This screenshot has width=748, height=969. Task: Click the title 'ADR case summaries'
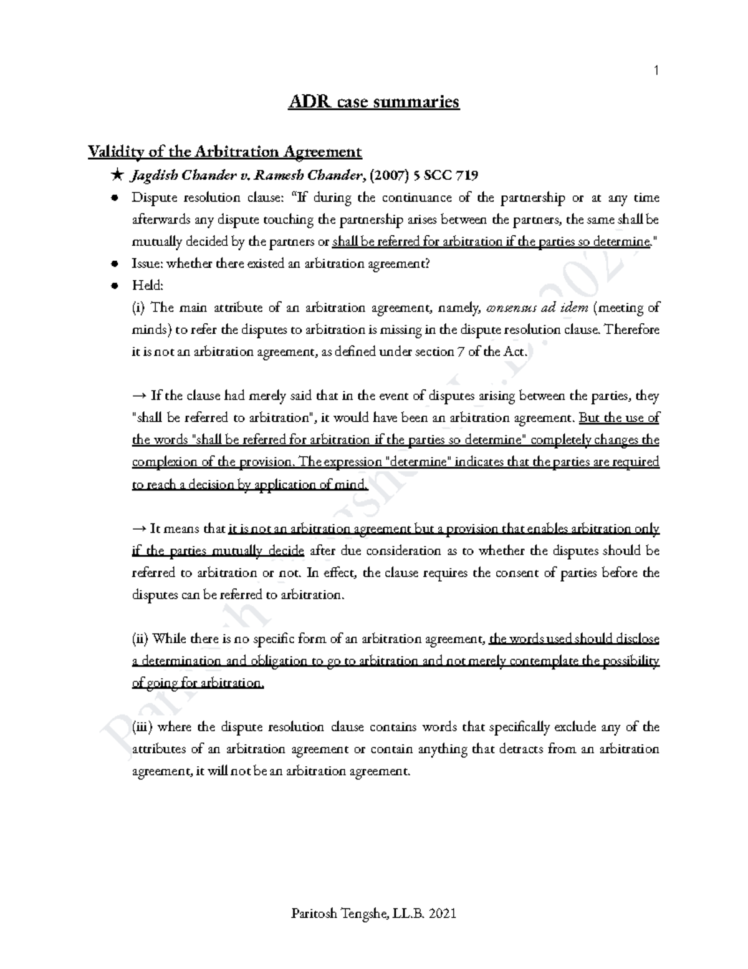click(x=373, y=102)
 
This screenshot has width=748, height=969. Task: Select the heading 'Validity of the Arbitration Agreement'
click(x=225, y=152)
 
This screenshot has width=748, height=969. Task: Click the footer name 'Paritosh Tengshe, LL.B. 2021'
click(x=373, y=914)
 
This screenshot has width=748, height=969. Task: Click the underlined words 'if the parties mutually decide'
click(x=218, y=551)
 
